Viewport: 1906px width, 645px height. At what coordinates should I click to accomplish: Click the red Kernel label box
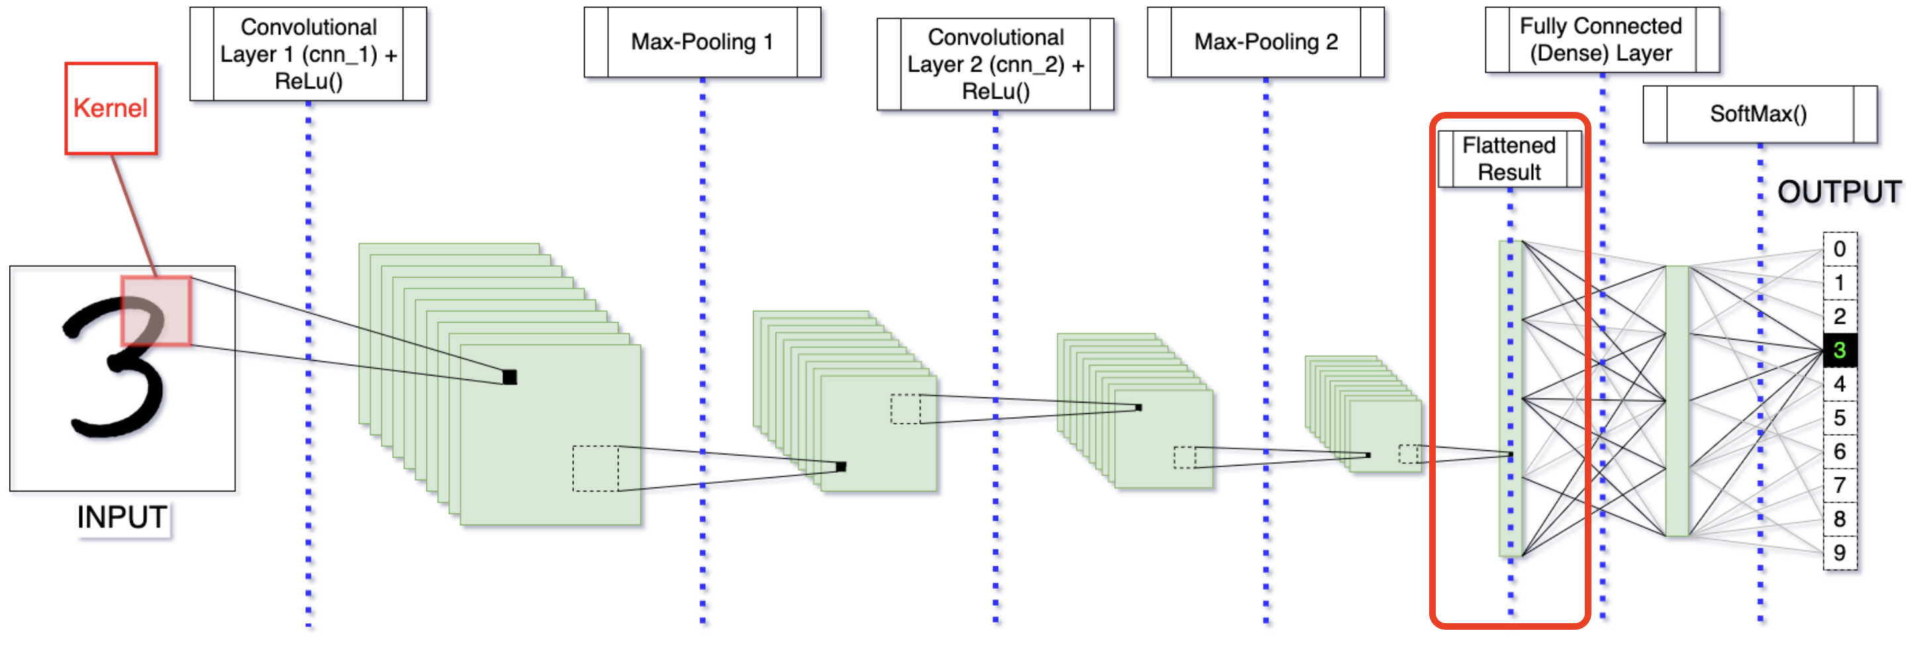coord(111,108)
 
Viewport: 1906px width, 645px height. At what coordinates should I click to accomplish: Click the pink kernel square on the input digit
coord(156,311)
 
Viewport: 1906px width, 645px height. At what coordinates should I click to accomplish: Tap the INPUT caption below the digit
coord(122,517)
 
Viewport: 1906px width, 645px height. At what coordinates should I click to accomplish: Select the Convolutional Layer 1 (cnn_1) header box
coord(308,54)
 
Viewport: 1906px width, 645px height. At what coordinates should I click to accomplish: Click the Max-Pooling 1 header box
coord(701,42)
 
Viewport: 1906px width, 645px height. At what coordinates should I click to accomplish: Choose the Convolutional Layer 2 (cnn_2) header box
coord(995,64)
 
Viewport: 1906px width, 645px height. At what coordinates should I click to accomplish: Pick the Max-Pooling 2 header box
coord(1265,42)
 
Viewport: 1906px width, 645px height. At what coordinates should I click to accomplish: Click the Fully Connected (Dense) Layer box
coord(1601,40)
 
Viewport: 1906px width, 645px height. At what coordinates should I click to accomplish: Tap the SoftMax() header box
coord(1759,114)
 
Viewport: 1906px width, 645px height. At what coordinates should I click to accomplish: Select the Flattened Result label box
coord(1509,159)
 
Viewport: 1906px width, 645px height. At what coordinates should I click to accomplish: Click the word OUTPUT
coord(1838,192)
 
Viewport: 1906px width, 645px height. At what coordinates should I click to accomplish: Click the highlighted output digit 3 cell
coord(1839,350)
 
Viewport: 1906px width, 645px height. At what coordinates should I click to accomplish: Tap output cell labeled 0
coord(1839,249)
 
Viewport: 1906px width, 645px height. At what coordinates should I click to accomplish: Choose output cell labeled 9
coord(1839,552)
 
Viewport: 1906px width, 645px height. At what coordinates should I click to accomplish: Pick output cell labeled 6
coord(1839,451)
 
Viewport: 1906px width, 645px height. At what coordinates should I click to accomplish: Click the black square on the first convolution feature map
coord(510,377)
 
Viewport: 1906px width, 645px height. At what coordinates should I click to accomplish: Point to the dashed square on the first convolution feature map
coord(595,468)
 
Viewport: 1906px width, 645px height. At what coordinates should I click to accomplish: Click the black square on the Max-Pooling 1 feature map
coord(840,467)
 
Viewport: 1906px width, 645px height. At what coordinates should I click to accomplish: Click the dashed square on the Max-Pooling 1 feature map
coord(905,409)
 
